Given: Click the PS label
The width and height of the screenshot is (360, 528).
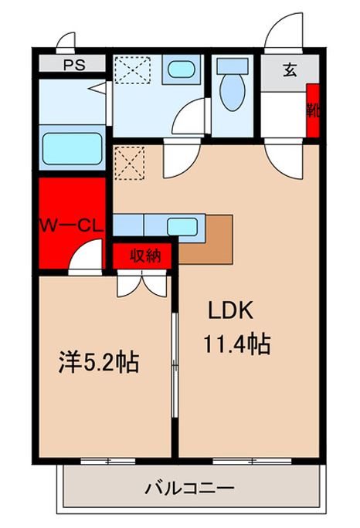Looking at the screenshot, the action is (x=74, y=65).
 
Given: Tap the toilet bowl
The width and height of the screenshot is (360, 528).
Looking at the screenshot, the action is (x=233, y=92).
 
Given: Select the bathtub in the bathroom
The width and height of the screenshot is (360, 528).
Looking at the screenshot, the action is (x=72, y=148).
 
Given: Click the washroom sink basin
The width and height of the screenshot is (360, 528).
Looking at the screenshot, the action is (x=181, y=69).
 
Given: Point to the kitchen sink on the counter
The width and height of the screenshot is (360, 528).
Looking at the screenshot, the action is (x=182, y=227).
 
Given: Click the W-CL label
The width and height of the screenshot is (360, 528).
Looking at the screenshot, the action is (x=71, y=226).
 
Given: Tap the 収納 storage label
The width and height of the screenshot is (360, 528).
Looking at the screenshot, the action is (x=145, y=256).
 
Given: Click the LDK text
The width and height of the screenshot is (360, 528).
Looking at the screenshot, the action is (x=230, y=311).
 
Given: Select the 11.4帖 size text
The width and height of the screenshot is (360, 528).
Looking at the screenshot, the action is (x=237, y=344).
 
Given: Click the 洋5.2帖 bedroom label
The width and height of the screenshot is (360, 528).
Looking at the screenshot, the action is (x=99, y=362).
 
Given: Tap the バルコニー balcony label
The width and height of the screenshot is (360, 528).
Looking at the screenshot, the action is (x=190, y=488).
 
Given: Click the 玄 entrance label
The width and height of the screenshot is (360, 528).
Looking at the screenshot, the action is (x=290, y=70).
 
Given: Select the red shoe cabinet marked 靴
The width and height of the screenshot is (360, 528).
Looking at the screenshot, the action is (x=313, y=111).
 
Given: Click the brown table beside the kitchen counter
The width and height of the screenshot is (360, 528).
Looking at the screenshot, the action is (x=205, y=240).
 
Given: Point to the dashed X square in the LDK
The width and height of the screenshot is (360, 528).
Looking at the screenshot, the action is (x=130, y=163).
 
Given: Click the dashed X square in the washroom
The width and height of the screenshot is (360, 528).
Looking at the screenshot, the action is (x=132, y=69).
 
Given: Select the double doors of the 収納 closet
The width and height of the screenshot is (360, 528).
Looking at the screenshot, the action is (x=141, y=283).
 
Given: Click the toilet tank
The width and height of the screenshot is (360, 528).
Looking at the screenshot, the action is (x=233, y=66).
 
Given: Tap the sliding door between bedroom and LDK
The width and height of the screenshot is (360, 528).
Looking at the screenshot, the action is (x=175, y=365).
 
